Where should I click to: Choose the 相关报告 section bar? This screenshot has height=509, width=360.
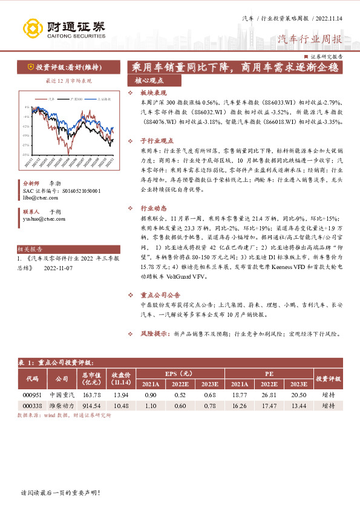coord(30,248)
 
